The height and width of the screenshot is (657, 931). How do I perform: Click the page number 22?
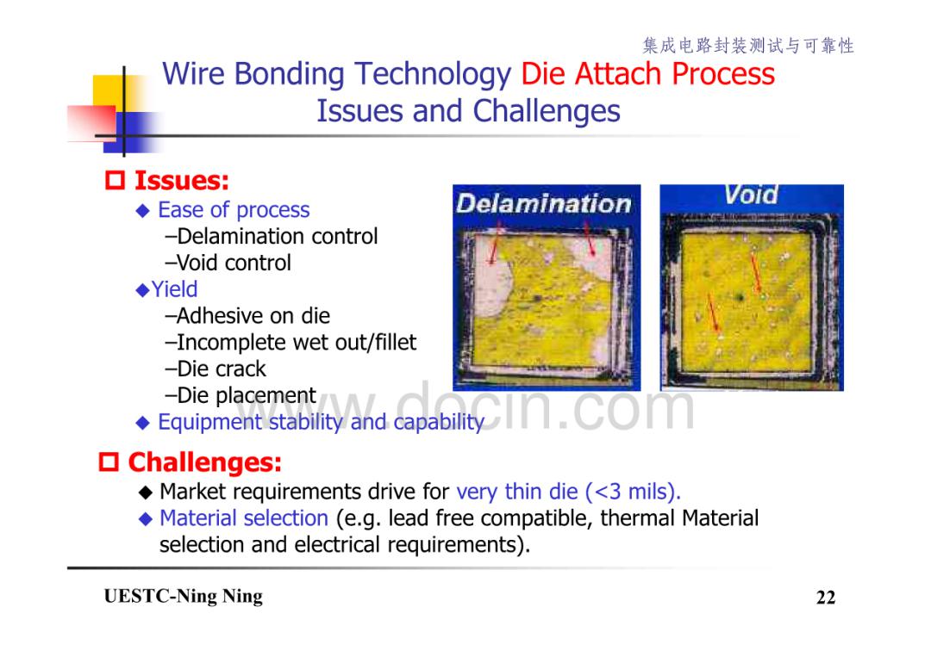826,597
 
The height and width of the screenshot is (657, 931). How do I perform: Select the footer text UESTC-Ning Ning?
183,596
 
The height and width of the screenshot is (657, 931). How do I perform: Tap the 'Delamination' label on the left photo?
543,203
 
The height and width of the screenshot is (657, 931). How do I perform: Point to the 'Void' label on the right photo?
751,195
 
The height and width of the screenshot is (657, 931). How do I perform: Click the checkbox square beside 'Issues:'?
115,180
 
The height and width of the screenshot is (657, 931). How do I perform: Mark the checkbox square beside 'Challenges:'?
108,462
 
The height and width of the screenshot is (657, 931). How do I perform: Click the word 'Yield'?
174,289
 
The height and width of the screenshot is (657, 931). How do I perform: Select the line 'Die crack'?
216,369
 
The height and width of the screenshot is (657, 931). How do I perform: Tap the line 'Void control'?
228,263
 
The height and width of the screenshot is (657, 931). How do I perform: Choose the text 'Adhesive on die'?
247,316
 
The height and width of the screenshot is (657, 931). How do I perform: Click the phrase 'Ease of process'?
234,210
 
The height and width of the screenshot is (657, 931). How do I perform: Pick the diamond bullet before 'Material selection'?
146,519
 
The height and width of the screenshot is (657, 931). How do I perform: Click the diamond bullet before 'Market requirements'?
146,493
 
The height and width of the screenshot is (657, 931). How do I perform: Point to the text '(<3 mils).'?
633,492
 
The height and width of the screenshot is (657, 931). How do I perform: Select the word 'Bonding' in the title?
289,75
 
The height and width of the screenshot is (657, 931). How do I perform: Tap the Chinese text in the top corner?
748,46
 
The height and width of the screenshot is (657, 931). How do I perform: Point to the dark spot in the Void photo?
740,296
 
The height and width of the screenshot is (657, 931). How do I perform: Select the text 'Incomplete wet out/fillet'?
291,343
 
